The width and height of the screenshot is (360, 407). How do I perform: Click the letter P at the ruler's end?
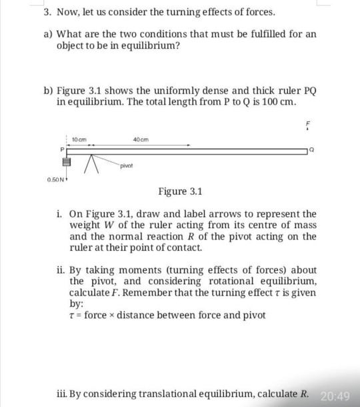click(64, 150)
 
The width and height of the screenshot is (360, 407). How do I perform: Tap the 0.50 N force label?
click(55, 179)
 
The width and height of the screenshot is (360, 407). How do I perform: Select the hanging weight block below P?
click(67, 161)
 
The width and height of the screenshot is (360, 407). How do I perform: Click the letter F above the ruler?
click(309, 124)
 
